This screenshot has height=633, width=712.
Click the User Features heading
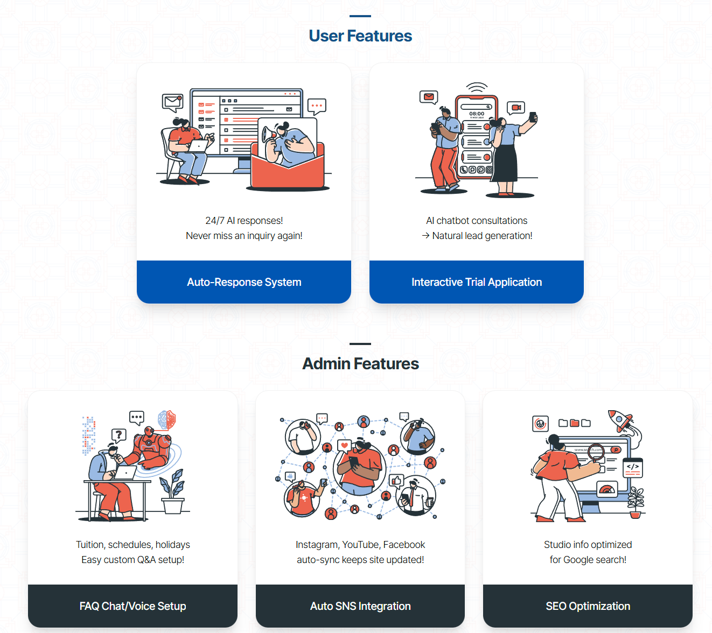[x=360, y=36]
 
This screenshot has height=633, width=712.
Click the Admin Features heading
[x=360, y=364]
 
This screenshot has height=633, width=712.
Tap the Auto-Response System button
[x=244, y=282]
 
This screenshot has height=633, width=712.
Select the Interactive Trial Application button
[x=477, y=282]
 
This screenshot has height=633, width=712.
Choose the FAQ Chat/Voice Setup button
[x=132, y=606]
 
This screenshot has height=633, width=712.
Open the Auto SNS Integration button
[x=360, y=606]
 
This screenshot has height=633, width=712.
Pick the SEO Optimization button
[x=588, y=606]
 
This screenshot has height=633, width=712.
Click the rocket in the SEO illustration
[x=621, y=421]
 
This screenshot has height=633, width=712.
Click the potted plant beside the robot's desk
[x=173, y=493]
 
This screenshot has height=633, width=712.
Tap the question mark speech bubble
[x=118, y=434]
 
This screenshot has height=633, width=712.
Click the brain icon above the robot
[x=166, y=419]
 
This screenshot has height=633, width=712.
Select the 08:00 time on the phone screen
[x=477, y=114]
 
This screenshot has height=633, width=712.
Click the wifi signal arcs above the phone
[x=477, y=87]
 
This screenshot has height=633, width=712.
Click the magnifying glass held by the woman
[x=595, y=452]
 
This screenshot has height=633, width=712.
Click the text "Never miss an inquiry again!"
[x=244, y=236]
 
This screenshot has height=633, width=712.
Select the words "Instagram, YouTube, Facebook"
[x=360, y=545]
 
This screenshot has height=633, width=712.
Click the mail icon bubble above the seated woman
[x=173, y=102]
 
